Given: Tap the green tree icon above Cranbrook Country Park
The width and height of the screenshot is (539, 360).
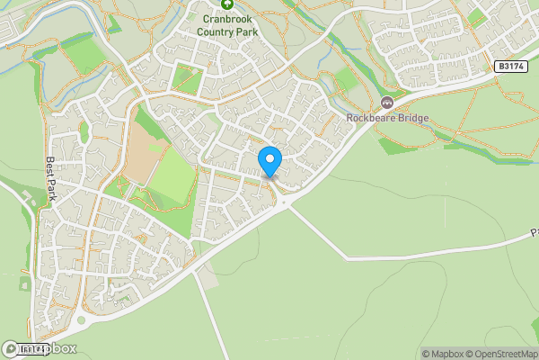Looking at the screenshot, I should click(x=226, y=4).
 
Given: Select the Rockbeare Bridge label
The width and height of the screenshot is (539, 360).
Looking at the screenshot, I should click(x=387, y=118).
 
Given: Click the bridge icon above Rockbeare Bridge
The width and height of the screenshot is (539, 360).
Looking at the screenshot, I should click(x=387, y=103).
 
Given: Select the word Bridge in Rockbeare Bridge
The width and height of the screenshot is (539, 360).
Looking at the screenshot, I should click(x=411, y=118).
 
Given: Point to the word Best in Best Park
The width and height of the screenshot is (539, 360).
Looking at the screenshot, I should click(x=51, y=168).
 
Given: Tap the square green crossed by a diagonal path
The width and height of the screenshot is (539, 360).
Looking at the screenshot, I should click(x=189, y=81).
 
